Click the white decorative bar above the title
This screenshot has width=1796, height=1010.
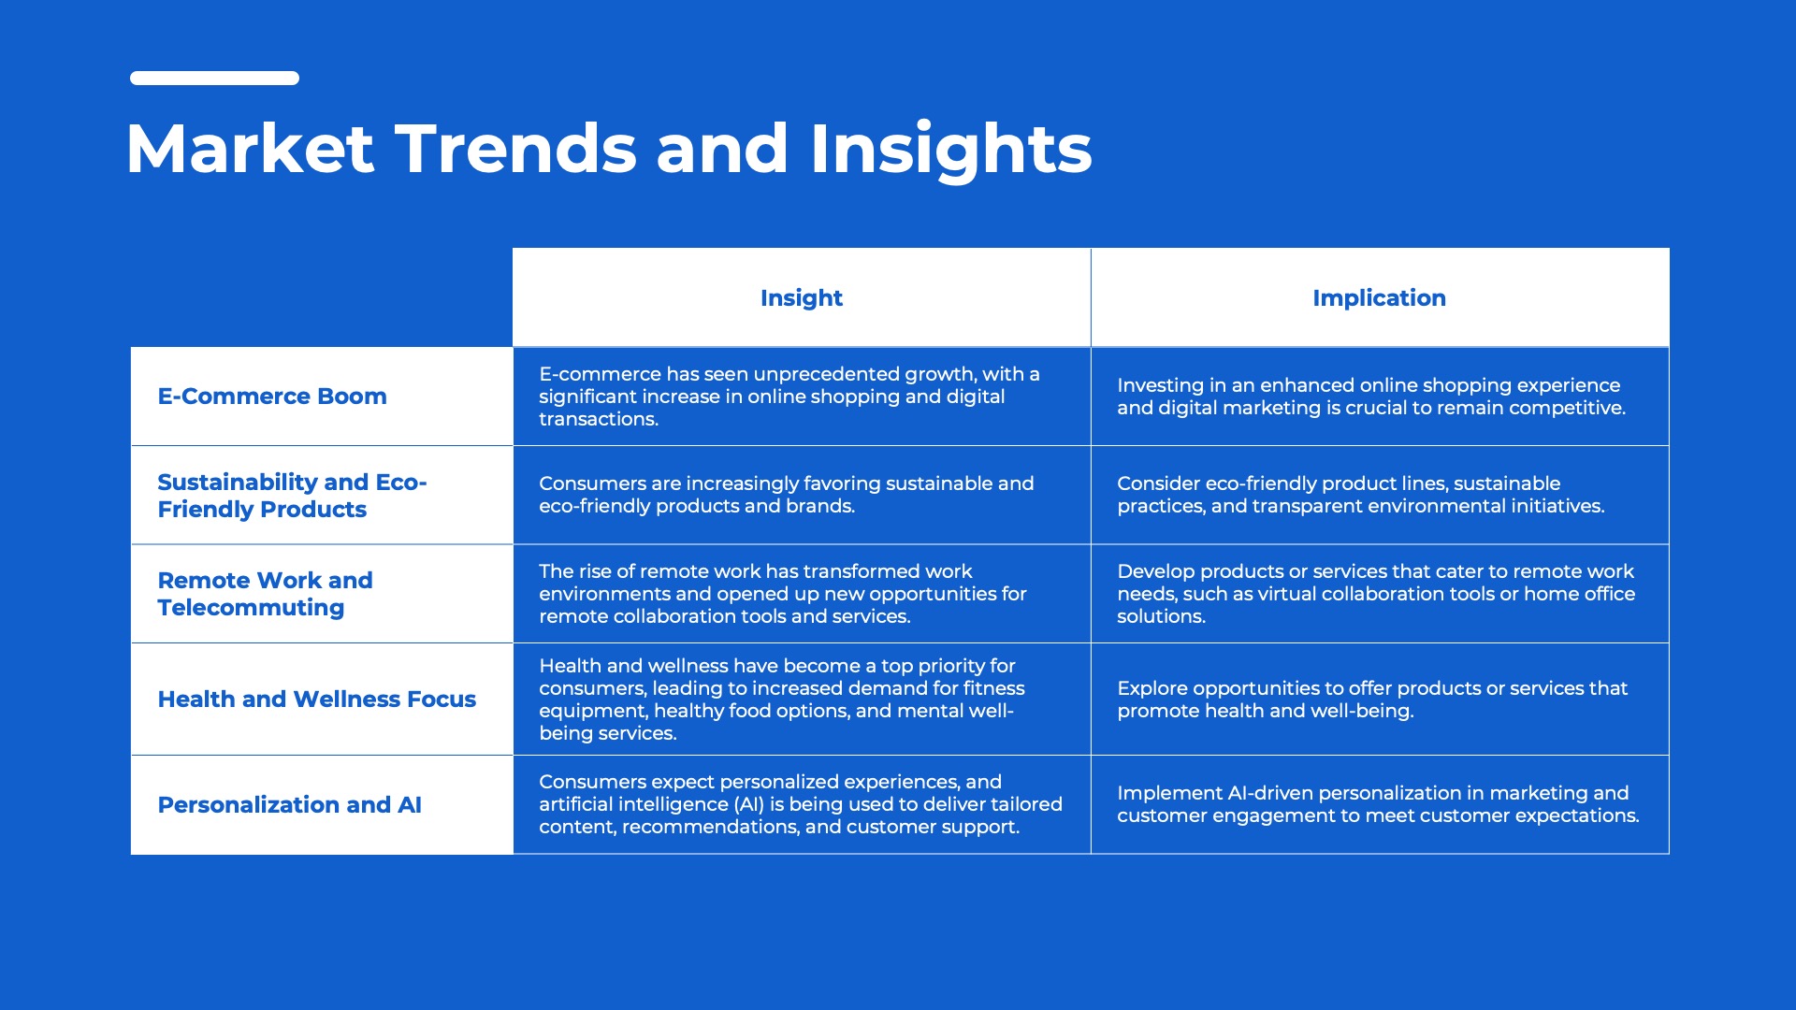click(214, 79)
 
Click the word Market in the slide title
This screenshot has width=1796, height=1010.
click(250, 149)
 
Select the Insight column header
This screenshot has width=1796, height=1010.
click(802, 297)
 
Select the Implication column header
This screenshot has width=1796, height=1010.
click(1380, 297)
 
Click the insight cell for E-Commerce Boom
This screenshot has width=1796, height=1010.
click(802, 397)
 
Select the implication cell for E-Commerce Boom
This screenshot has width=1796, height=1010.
click(1380, 397)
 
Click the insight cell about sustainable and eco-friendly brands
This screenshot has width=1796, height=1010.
click(802, 496)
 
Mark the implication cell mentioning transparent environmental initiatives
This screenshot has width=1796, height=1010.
click(1380, 496)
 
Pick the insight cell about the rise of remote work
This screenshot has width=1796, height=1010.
click(802, 594)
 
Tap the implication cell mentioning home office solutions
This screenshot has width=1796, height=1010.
click(1380, 594)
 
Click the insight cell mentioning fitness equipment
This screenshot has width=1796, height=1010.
click(802, 700)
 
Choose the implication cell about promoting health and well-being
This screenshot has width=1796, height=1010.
click(1380, 700)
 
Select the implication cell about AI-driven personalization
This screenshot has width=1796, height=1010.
click(1380, 805)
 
